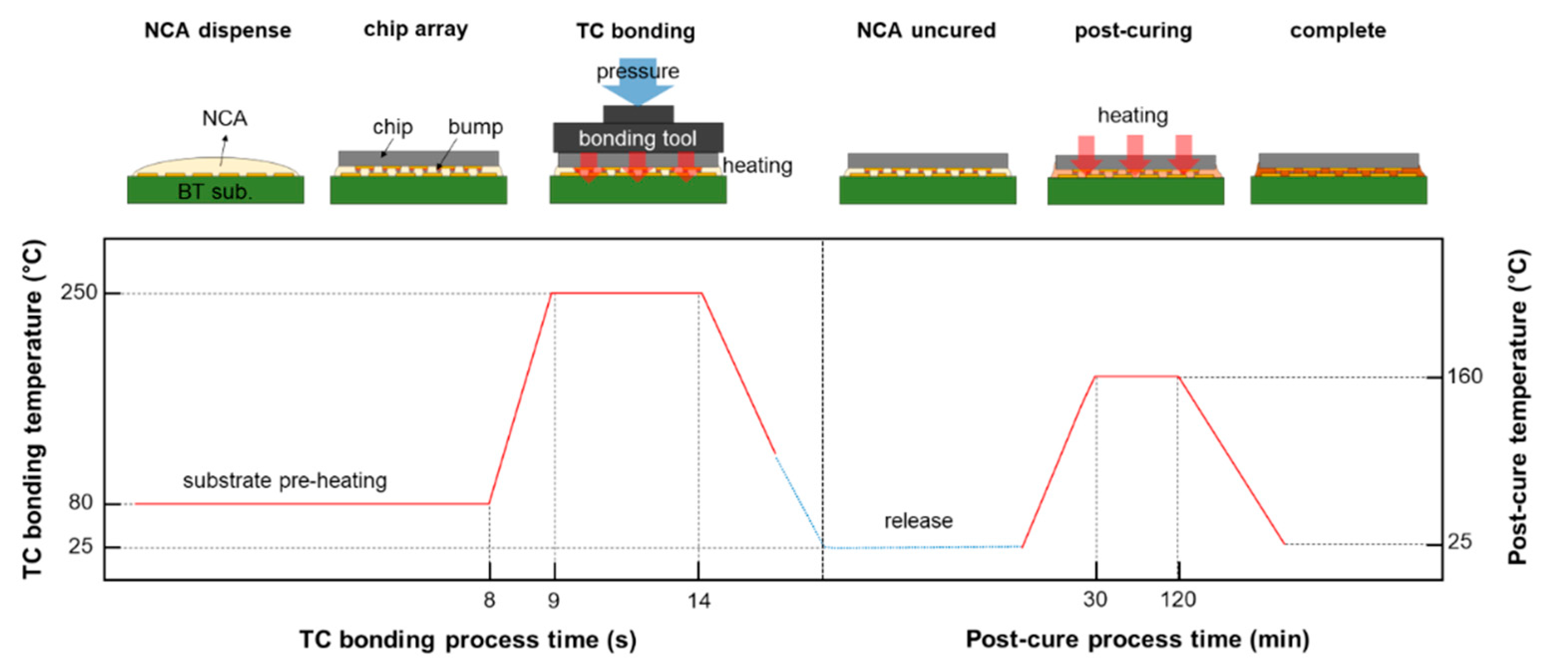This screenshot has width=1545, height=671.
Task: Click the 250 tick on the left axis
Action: pos(79,293)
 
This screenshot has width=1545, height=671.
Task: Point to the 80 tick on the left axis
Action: pos(81,503)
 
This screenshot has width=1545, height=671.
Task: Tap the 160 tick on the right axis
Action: pos(1465,376)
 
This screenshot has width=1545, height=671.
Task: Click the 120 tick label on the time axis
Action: pos(1178,599)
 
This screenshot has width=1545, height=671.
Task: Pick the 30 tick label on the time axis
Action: pos(1095,599)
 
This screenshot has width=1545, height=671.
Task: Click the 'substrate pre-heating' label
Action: pos(285,480)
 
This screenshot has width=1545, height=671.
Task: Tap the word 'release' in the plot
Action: pos(918,520)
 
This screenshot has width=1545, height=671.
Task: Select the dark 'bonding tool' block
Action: pos(638,139)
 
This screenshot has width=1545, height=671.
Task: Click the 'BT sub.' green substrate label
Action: pos(215,192)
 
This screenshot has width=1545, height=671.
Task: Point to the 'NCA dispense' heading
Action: pos(218,30)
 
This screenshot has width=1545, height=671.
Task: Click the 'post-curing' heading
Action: pos(1133,30)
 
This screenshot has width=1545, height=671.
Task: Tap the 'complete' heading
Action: pos(1338,30)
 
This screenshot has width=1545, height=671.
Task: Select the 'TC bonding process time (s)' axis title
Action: pos(468,640)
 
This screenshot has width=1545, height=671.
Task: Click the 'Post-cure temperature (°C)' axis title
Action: pos(1518,408)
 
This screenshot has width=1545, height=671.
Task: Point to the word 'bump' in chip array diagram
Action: pos(476,127)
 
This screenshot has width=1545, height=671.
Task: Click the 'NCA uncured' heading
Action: pos(926,30)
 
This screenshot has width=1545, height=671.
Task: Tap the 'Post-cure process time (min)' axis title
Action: pos(1137,640)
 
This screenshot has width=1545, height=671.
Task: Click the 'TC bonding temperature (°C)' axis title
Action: pos(33,408)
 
